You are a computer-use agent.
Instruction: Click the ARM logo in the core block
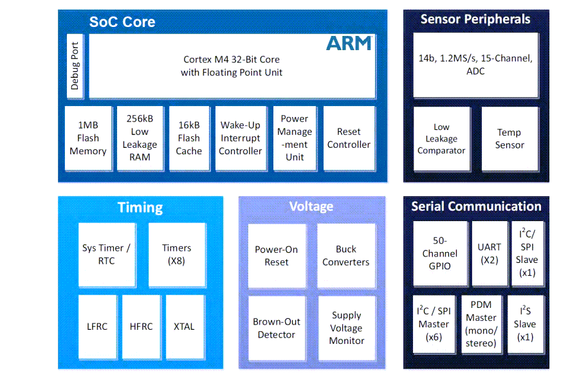coord(349,43)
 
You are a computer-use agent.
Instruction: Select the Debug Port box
coord(75,66)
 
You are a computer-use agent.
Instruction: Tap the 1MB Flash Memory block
coord(88,138)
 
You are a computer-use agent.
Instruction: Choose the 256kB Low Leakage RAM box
coord(140,138)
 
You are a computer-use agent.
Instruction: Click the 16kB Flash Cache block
coord(189,138)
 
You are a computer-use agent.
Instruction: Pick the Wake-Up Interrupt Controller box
coord(240,138)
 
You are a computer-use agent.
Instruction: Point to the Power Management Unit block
coord(295,138)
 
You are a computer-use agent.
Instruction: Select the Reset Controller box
coord(349,138)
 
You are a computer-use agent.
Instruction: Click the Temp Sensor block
coord(509,138)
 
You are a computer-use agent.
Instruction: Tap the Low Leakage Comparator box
coord(441,138)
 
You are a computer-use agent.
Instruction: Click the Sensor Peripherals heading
coord(475,19)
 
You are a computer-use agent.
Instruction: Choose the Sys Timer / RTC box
coord(107,255)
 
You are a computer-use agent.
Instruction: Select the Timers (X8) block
coord(177,255)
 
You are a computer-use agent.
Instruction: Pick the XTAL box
coord(184,327)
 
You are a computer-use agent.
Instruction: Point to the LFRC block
coord(97,327)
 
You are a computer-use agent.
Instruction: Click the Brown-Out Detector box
coord(276,328)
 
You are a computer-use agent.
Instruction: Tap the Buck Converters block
coord(346,255)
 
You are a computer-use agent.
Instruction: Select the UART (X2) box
coord(490,253)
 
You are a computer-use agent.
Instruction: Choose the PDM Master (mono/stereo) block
coord(481,324)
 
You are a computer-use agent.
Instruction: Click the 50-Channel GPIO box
coord(440,253)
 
